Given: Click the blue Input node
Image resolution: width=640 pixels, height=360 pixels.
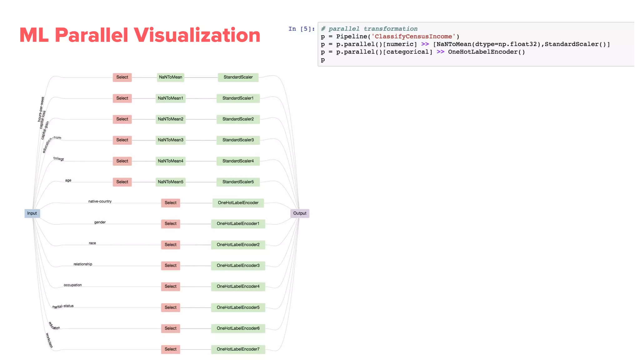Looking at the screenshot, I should point(32,213).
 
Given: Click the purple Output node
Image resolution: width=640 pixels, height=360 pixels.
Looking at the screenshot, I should point(300,213).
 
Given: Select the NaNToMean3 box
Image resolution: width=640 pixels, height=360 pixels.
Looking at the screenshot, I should point(170,140).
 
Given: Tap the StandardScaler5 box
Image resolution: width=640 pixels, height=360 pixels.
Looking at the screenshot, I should point(238,182).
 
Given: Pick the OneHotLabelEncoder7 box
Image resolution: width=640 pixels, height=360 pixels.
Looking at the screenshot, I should point(238,349).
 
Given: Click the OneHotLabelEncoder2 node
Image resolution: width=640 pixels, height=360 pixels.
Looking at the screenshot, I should point(238,245).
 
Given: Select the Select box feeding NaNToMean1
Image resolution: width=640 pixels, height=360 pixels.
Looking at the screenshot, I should point(122,98).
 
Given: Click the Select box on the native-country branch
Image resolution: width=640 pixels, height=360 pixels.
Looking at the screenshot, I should point(170,203).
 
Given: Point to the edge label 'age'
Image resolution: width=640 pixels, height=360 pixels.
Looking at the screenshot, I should point(68,180).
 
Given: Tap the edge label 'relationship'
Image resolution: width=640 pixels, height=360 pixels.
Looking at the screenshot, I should point(83,264).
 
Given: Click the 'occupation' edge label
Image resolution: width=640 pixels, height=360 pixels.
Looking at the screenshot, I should point(72,285).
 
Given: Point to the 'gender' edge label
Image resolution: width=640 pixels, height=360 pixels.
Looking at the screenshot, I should point(100,222).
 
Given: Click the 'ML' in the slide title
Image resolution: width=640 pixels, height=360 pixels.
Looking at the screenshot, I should point(34,35).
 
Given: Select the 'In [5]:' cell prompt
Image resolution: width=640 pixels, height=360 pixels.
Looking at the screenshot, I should point(301,29).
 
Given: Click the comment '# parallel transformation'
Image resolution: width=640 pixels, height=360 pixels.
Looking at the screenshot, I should point(369,29).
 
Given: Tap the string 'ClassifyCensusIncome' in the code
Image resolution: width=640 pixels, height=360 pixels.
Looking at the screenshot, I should point(413,37).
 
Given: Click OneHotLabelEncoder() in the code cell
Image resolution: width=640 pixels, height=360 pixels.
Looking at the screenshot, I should point(486,52).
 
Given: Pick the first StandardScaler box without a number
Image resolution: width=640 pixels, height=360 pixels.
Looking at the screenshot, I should point(238,77).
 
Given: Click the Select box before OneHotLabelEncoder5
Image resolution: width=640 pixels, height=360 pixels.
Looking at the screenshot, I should point(170,307).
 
